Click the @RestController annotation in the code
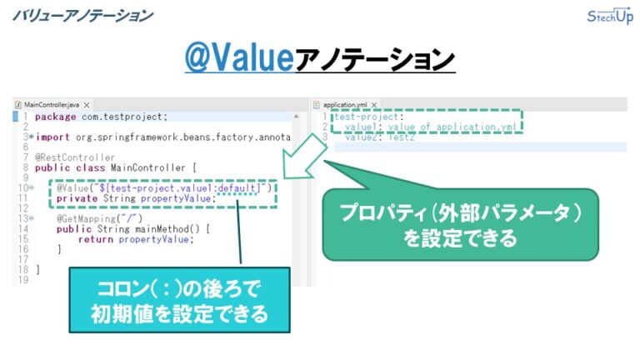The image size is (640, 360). click(x=75, y=157)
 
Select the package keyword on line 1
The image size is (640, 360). click(x=56, y=117)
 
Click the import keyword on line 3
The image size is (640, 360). click(x=53, y=137)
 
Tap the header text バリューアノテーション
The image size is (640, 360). click(x=82, y=15)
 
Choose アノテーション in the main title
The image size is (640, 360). click(x=376, y=59)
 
